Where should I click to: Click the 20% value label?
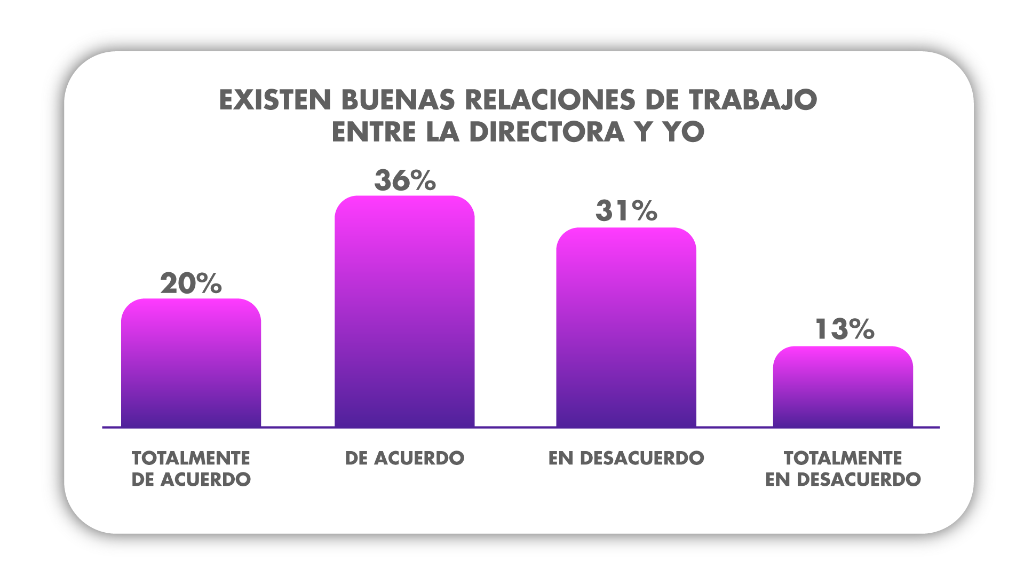pos(190,283)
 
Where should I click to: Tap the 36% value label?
pos(404,180)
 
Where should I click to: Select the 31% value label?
pos(626,211)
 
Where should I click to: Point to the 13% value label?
pos(844,329)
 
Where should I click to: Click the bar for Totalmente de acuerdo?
pos(191,363)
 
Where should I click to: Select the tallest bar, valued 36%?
pos(404,312)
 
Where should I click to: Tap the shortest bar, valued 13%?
pos(843,386)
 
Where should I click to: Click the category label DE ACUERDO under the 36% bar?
pos(404,458)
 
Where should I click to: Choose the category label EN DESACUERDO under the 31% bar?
pos(626,458)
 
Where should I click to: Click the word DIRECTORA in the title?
pos(547,132)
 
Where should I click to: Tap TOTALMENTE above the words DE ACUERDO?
pos(191,458)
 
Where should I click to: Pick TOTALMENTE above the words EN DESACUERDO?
pos(843,458)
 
